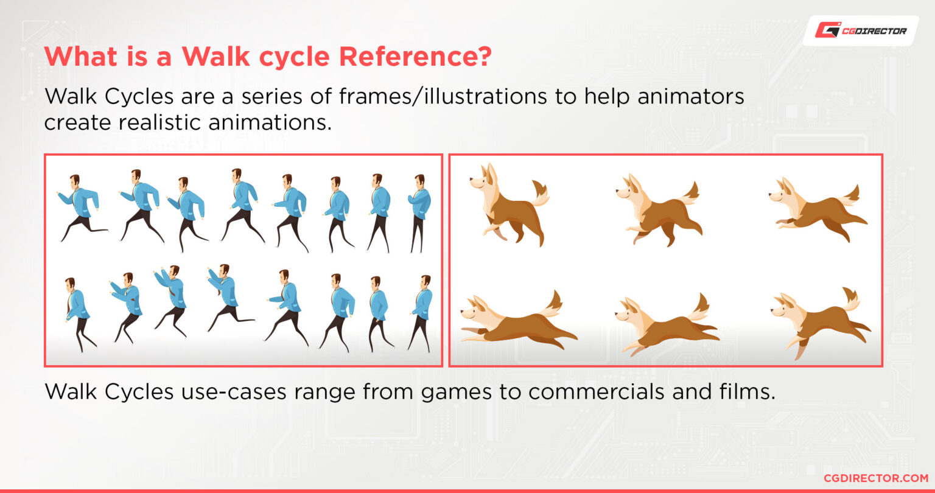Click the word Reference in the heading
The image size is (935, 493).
[x=414, y=57]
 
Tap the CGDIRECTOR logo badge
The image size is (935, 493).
[x=860, y=30]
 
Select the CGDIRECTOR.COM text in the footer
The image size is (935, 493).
[x=870, y=478]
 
